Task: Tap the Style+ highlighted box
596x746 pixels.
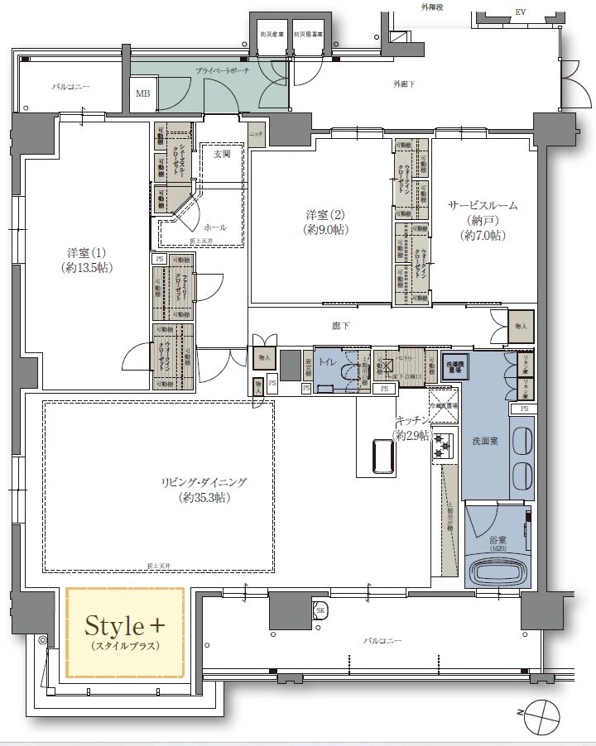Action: click(125, 632)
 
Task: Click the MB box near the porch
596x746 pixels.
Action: click(143, 94)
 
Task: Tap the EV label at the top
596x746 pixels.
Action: click(520, 12)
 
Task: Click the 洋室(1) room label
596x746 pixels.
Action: click(86, 260)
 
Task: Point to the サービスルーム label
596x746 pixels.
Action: click(483, 220)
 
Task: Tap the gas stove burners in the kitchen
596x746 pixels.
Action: click(442, 446)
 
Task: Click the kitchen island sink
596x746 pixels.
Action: click(382, 456)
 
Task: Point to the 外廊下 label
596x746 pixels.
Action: click(404, 84)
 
